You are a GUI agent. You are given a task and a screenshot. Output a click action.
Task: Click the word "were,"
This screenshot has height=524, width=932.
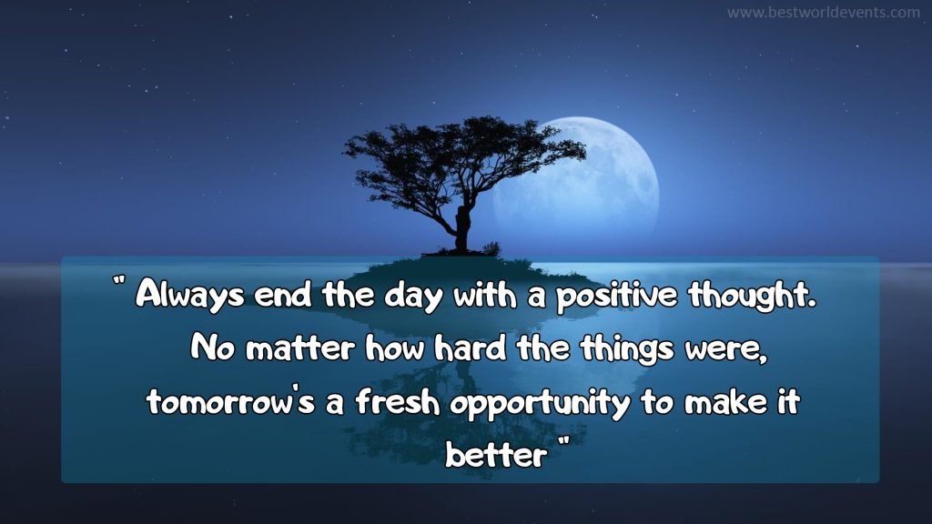(730, 349)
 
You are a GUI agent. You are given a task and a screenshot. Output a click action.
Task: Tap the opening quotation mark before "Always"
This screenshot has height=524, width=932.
(119, 284)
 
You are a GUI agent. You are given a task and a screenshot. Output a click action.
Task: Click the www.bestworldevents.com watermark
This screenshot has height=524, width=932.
(824, 13)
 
